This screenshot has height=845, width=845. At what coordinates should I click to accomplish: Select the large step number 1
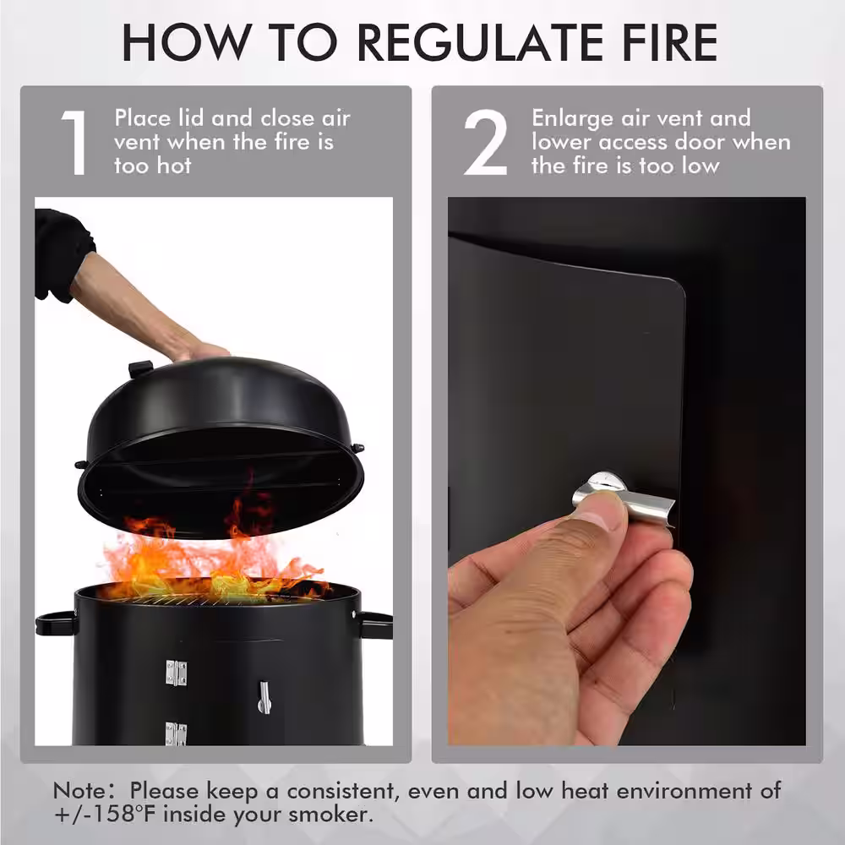coord(74,142)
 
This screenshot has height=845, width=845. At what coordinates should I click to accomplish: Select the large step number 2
coord(485,142)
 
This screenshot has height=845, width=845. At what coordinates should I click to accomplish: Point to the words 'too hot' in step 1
coord(152,166)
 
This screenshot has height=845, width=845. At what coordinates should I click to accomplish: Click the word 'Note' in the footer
coord(79,791)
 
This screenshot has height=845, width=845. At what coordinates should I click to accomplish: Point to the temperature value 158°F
coord(121,814)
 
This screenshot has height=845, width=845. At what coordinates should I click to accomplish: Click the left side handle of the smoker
coord(56,623)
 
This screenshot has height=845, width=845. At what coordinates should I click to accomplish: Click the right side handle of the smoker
coord(375,625)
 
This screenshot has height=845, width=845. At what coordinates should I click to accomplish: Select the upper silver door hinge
coord(177,673)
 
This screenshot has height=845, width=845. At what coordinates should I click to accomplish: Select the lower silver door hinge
coord(176,734)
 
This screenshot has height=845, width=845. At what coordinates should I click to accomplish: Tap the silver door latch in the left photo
coord(264,697)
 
